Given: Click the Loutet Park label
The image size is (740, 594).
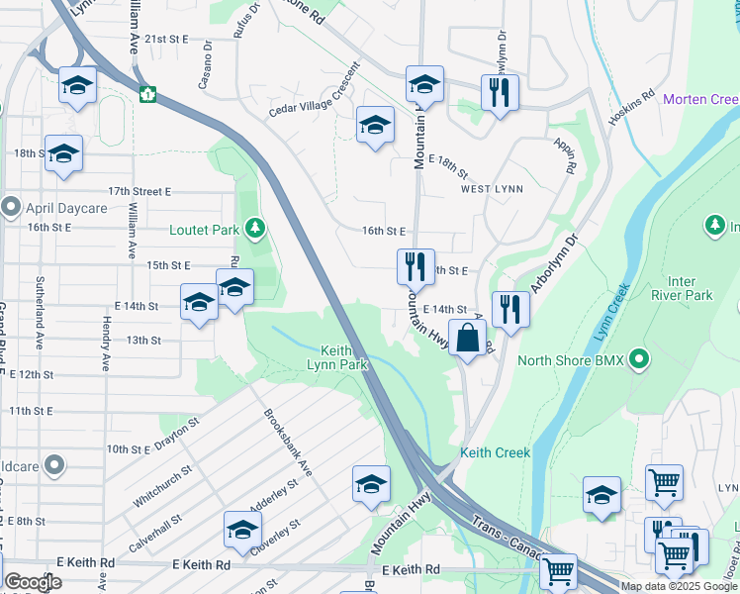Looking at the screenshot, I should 205,230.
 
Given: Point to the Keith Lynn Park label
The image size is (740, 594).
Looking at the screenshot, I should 343,357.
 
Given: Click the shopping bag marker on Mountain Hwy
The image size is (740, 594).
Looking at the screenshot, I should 467,338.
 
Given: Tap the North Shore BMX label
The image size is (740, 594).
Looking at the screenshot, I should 571,360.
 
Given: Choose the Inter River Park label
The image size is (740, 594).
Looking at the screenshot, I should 683,287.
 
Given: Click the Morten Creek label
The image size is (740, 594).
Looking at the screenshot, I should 700,99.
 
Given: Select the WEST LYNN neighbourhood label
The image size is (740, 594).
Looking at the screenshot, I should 492,188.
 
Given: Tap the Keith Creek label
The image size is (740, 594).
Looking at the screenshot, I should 495,452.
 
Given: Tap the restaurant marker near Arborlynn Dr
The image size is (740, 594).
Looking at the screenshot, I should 510,308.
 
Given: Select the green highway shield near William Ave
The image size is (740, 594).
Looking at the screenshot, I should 147,95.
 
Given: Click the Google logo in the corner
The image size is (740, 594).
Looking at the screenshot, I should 32,582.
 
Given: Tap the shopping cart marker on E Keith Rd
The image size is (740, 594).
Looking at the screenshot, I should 559,570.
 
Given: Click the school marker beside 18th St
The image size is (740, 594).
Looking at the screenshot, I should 63,153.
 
